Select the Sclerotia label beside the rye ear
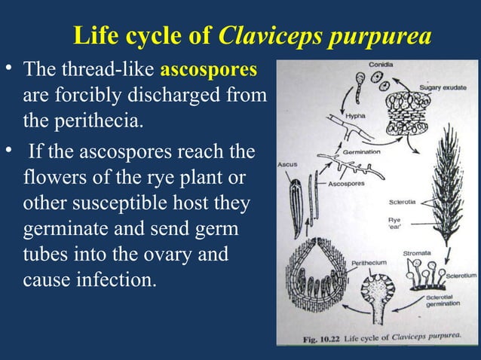[403, 202]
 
